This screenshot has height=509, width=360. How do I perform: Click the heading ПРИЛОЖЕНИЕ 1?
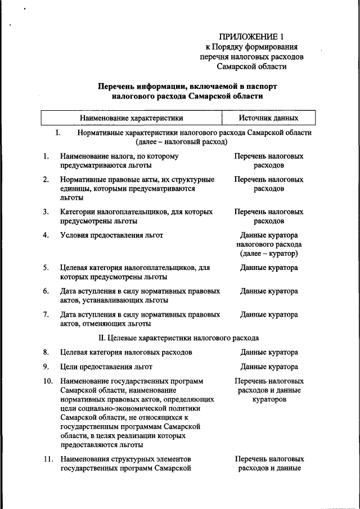coord(251,37)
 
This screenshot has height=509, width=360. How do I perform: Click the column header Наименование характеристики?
coord(132,118)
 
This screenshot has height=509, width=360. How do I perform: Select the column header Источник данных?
coord(268,118)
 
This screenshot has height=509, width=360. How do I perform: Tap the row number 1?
coord(45,156)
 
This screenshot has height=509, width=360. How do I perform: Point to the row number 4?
coord(45,235)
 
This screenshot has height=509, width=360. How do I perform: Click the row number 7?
coord(45,315)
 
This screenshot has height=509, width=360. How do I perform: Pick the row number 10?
coord(47,381)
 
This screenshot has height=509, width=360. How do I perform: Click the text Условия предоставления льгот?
coord(112,235)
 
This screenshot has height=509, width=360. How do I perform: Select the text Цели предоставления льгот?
coord(106,367)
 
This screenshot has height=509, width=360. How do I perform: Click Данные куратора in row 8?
coord(269,353)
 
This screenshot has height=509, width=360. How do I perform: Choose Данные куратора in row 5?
coord(269,268)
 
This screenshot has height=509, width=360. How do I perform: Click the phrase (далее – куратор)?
coord(269,254)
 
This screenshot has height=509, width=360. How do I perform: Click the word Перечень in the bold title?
coord(116,86)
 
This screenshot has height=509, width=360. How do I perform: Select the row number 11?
coord(47,459)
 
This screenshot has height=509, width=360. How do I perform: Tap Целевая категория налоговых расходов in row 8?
coord(126,353)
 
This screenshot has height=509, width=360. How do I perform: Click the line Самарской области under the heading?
coord(251,66)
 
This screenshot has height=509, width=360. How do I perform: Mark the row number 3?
coord(45,212)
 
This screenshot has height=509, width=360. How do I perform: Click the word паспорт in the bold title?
coord(262,86)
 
